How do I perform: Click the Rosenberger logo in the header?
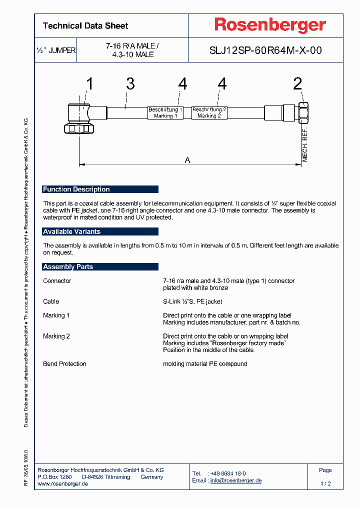(x=270, y=25)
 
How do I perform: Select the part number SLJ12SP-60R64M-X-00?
(x=265, y=50)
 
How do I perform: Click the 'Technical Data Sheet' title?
(x=85, y=26)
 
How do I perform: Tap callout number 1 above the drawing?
(x=89, y=83)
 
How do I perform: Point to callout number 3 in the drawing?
(x=130, y=83)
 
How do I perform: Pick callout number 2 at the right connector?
(x=297, y=83)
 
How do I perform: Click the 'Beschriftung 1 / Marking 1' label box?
(x=165, y=112)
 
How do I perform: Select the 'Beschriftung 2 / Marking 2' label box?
(x=209, y=112)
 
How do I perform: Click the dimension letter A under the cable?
(x=187, y=160)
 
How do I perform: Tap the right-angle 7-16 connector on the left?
(x=80, y=117)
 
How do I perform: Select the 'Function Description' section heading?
(x=100, y=189)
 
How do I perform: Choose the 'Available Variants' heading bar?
(x=100, y=232)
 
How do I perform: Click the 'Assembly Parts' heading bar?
(x=100, y=267)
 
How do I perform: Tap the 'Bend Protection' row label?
(x=64, y=364)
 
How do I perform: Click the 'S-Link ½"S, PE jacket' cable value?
(x=192, y=301)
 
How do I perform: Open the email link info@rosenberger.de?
(x=236, y=480)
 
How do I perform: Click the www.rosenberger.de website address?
(x=63, y=484)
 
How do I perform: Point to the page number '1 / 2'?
(x=325, y=484)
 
